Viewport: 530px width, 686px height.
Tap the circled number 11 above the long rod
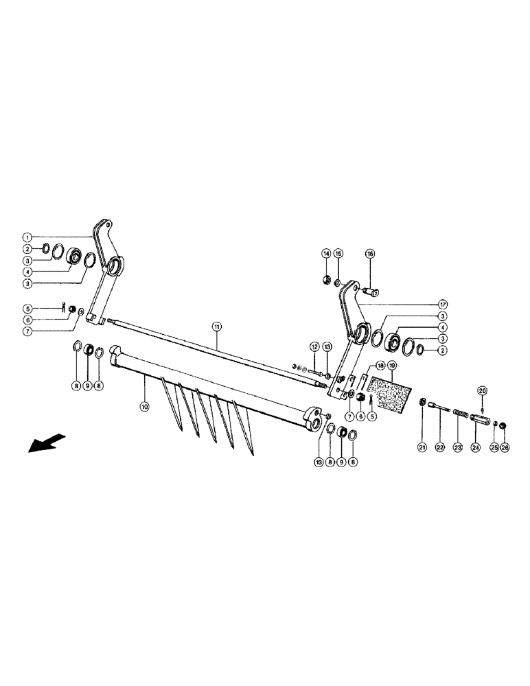pyautogui.click(x=217, y=328)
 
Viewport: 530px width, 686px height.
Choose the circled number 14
pyautogui.click(x=327, y=253)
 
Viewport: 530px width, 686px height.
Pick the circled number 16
pyautogui.click(x=370, y=253)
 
